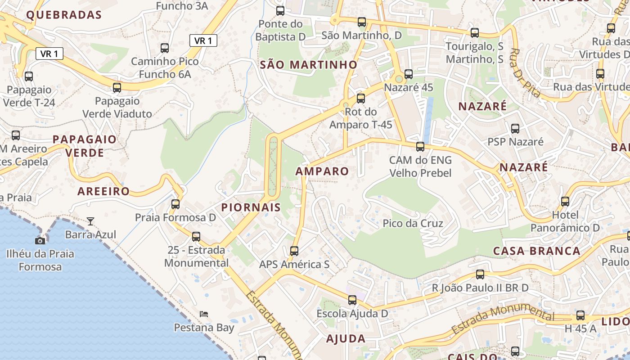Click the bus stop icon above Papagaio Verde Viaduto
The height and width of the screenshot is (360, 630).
[117, 88]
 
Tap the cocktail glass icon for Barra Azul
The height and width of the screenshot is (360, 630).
[90, 221]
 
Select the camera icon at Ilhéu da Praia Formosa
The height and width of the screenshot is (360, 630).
[40, 241]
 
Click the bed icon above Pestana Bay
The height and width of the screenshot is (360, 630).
[204, 314]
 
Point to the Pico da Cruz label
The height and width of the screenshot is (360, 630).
[413, 223]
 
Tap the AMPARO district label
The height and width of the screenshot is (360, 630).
[322, 171]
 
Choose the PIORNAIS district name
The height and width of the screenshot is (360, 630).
[251, 207]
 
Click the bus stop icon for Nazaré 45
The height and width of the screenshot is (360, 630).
[409, 74]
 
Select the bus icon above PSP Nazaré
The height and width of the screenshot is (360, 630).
[515, 129]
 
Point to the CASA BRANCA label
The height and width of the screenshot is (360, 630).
[537, 251]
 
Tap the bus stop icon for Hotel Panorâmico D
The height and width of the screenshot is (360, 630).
[565, 201]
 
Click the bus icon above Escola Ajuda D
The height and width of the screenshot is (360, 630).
[352, 300]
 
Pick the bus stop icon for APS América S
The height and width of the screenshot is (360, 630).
[294, 251]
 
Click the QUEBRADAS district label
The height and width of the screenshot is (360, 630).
[64, 15]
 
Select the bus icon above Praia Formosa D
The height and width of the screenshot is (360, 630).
[175, 204]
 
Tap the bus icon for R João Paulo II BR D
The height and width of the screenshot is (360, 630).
[480, 274]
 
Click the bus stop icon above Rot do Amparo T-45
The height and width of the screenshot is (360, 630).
[361, 99]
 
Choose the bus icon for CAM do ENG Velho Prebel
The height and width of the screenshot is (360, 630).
[420, 147]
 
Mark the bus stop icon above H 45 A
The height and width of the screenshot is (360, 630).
[580, 315]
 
